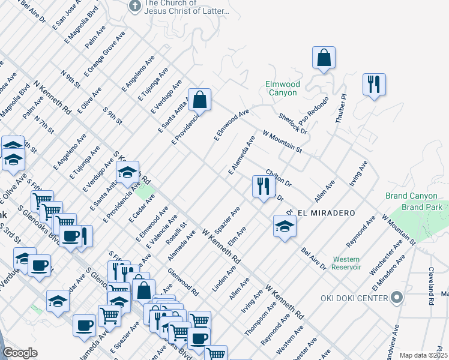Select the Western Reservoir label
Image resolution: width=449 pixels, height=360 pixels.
click(x=347, y=263)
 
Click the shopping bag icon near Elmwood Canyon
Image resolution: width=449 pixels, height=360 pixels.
click(x=324, y=59)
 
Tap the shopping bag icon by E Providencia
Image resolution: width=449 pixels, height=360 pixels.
click(x=199, y=100)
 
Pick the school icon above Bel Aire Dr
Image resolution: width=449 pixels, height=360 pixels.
click(x=285, y=226)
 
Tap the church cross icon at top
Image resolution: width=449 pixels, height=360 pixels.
click(x=135, y=7)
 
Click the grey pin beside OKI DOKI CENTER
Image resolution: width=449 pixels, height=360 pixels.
click(x=396, y=297)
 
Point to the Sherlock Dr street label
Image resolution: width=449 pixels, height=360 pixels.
click(x=292, y=122)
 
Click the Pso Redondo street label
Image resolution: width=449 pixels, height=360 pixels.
click(x=319, y=111)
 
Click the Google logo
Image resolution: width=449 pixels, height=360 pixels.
click(x=20, y=353)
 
